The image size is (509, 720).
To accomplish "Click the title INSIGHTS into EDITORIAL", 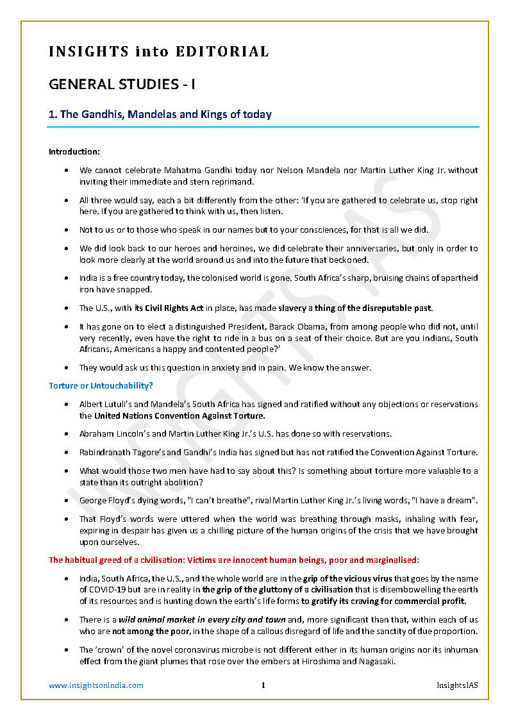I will (158, 52).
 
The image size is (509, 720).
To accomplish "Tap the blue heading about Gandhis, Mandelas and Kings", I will (160, 115).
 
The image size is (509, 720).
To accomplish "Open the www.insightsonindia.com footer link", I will (96, 685).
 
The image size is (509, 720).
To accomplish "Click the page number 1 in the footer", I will (263, 685).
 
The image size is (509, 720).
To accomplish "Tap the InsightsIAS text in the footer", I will (457, 685).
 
